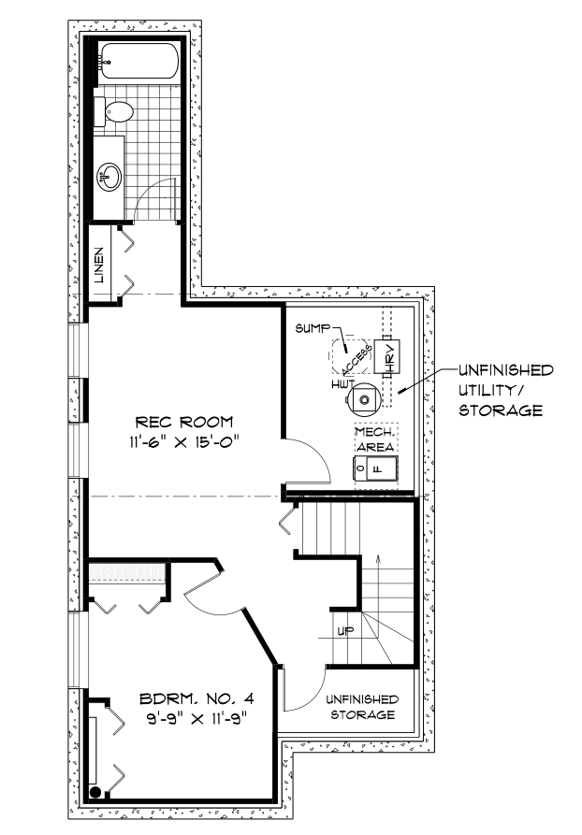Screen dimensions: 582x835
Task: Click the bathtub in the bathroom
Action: click(x=140, y=63)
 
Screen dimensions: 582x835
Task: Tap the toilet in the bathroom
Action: click(x=113, y=112)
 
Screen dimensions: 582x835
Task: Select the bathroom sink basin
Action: click(x=109, y=177)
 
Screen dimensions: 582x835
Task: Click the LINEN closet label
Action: click(x=99, y=265)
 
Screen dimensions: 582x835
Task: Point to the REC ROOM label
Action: click(x=184, y=423)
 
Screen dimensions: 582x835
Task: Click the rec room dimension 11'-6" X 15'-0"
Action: click(x=184, y=442)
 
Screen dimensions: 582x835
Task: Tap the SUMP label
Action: click(x=313, y=328)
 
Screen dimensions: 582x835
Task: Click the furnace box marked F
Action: click(x=376, y=469)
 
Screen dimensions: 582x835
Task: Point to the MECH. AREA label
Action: click(x=376, y=439)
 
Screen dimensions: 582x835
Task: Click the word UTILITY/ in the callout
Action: click(x=489, y=390)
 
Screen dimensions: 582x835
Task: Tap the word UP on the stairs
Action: click(x=345, y=631)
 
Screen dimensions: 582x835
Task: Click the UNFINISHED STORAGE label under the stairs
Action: click(x=362, y=707)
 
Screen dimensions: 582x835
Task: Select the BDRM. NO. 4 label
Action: click(x=196, y=698)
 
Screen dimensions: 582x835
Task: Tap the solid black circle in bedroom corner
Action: click(x=95, y=791)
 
